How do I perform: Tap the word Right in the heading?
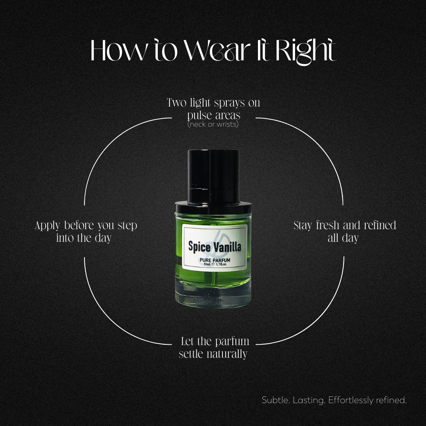pyautogui.click(x=306, y=52)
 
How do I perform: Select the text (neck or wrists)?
pyautogui.click(x=213, y=124)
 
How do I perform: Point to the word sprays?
pyautogui.click(x=229, y=103)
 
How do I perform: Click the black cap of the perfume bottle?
pyautogui.click(x=213, y=177)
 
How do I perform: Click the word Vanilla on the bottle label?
pyautogui.click(x=227, y=247)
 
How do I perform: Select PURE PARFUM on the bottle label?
pyautogui.click(x=215, y=260)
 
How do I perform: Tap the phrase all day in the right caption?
pyautogui.click(x=343, y=238)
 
